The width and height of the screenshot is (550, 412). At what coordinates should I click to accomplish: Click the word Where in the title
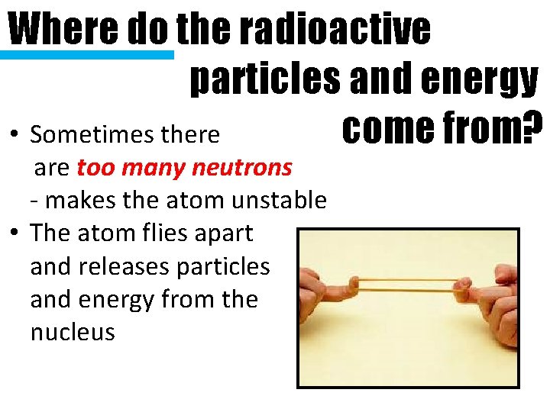click(x=62, y=29)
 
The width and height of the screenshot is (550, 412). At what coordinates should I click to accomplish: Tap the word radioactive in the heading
click(x=334, y=29)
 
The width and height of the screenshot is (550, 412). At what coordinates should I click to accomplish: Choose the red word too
click(x=94, y=167)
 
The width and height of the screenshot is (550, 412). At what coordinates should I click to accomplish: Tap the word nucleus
click(x=73, y=333)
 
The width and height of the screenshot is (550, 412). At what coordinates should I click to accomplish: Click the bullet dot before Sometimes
click(x=15, y=136)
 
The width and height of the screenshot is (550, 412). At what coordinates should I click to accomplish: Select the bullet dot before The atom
click(x=15, y=233)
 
